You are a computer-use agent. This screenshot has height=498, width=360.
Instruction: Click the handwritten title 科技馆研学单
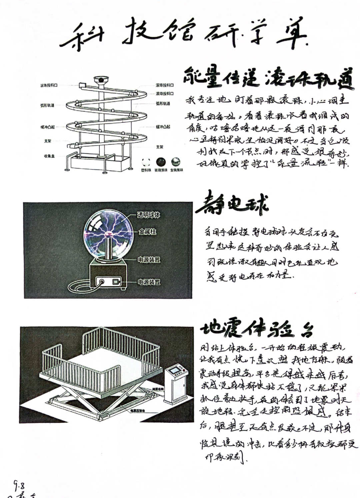click(183, 35)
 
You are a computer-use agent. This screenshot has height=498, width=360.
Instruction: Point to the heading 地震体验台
click(257, 328)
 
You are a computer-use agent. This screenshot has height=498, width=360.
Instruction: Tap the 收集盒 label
click(49, 156)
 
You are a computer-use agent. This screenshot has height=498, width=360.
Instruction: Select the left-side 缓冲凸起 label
click(47, 127)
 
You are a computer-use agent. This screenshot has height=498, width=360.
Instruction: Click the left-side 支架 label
click(48, 141)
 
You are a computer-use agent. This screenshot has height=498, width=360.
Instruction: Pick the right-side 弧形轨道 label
click(163, 104)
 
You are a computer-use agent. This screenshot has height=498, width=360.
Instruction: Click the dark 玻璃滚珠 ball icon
click(161, 162)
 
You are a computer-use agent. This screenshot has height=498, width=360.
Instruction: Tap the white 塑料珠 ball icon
click(146, 162)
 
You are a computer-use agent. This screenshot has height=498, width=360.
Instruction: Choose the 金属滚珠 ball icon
click(176, 162)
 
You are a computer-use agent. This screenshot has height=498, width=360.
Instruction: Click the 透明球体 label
click(149, 215)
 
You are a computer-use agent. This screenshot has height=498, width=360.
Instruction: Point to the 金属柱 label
click(147, 232)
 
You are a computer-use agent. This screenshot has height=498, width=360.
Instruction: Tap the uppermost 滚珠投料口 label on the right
click(164, 85)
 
